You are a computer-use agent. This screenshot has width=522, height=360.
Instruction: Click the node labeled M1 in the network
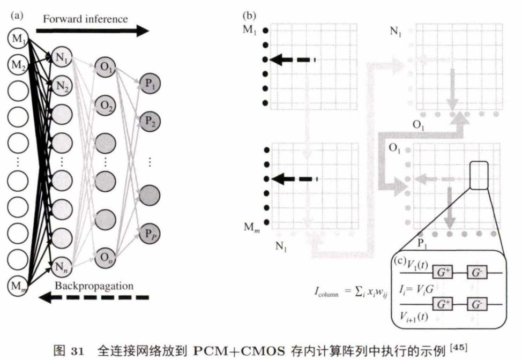tap(18, 39)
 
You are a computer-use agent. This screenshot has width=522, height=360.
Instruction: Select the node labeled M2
tap(18, 65)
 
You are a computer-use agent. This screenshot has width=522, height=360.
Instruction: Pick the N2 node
tap(60, 85)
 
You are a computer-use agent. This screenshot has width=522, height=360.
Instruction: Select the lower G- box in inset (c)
tap(476, 305)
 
